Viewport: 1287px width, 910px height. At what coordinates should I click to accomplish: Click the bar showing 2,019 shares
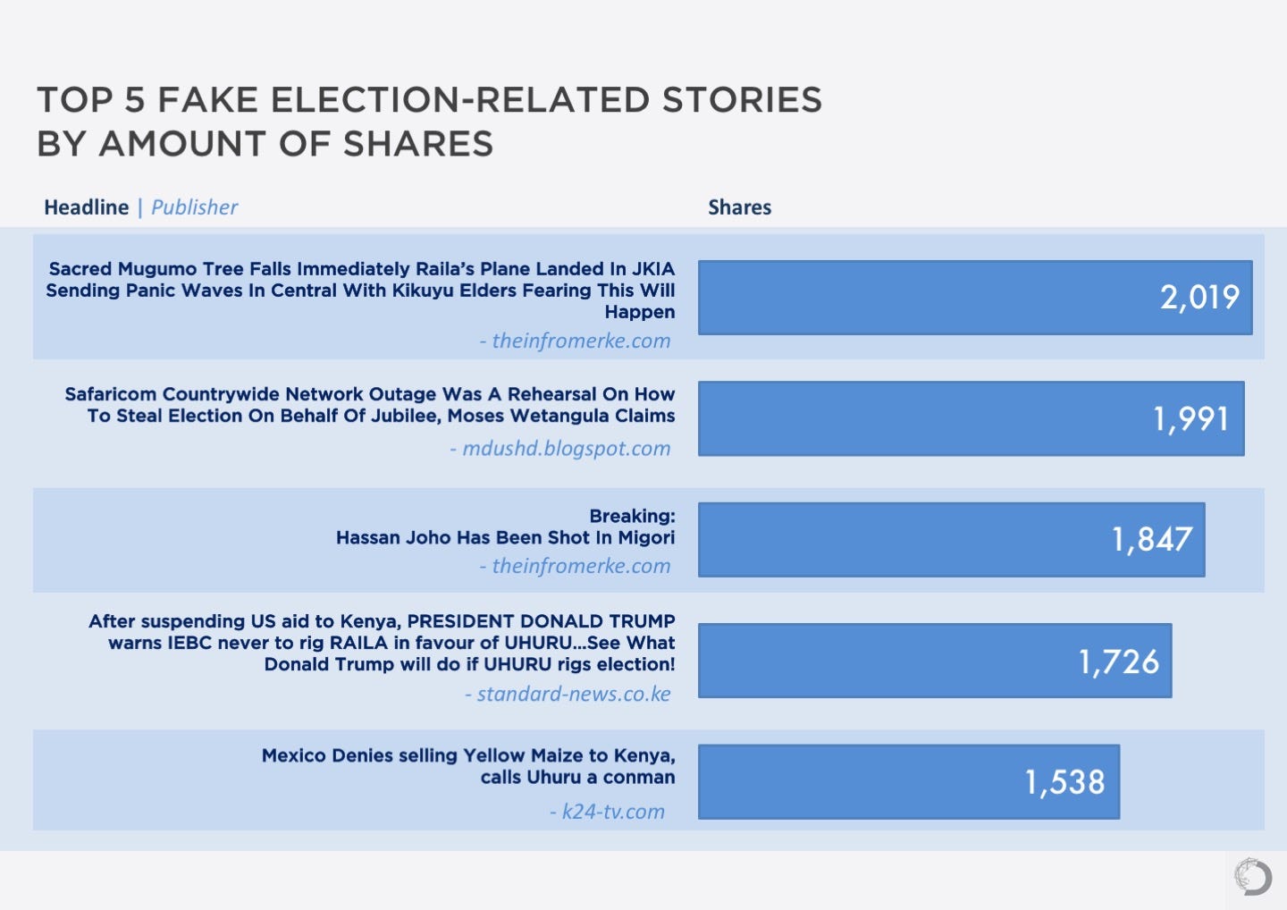pyautogui.click(x=974, y=298)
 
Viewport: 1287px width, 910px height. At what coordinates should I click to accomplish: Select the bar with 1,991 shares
pyautogui.click(x=971, y=418)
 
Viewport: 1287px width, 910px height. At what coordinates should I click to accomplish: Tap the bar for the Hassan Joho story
pyautogui.click(x=951, y=539)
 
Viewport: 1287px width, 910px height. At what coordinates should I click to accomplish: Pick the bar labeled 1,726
pyautogui.click(x=934, y=661)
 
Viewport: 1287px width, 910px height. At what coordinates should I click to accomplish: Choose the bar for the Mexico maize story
pyautogui.click(x=908, y=781)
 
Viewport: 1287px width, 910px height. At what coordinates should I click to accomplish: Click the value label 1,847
pyautogui.click(x=1152, y=540)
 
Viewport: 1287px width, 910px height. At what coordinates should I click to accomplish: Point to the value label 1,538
pyautogui.click(x=1064, y=782)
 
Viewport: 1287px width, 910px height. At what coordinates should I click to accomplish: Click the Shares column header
pyautogui.click(x=739, y=207)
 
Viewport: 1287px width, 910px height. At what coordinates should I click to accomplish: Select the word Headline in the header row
pyautogui.click(x=87, y=207)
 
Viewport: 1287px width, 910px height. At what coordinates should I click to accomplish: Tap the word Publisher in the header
pyautogui.click(x=194, y=207)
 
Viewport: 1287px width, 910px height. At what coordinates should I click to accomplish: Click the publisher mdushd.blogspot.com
pyautogui.click(x=566, y=448)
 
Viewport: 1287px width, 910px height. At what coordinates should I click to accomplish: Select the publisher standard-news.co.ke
pyautogui.click(x=573, y=694)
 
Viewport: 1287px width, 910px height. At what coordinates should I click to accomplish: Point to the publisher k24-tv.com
pyautogui.click(x=612, y=812)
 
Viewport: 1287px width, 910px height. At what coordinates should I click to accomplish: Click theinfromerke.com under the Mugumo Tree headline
pyautogui.click(x=580, y=341)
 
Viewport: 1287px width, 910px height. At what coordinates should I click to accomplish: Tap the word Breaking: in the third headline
pyautogui.click(x=632, y=516)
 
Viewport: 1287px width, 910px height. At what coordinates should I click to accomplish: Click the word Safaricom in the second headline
pyautogui.click(x=110, y=394)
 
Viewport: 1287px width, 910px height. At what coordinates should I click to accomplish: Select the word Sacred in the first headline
pyautogui.click(x=80, y=269)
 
